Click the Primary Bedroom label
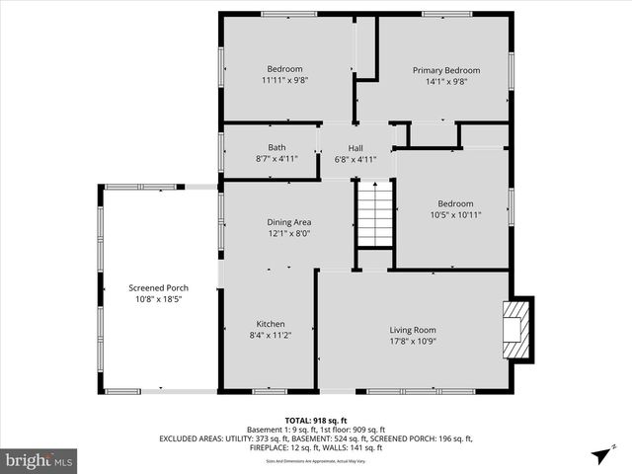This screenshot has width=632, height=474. (x=445, y=70)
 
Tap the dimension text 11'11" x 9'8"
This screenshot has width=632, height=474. (x=284, y=80)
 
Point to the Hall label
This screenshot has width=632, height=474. (x=355, y=147)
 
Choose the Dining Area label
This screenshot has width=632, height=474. (x=289, y=222)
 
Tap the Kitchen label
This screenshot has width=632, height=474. (x=271, y=324)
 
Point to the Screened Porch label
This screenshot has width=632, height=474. (x=158, y=287)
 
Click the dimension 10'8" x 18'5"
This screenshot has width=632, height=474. (x=158, y=298)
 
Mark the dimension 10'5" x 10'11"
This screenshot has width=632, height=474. (x=455, y=214)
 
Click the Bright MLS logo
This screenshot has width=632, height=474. (x=39, y=459)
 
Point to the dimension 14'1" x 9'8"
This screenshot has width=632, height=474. (x=445, y=81)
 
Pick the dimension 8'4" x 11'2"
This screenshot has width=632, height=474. (x=271, y=335)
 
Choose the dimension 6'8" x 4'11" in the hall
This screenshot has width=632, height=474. (x=355, y=158)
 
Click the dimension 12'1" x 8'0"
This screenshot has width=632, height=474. (x=289, y=233)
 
